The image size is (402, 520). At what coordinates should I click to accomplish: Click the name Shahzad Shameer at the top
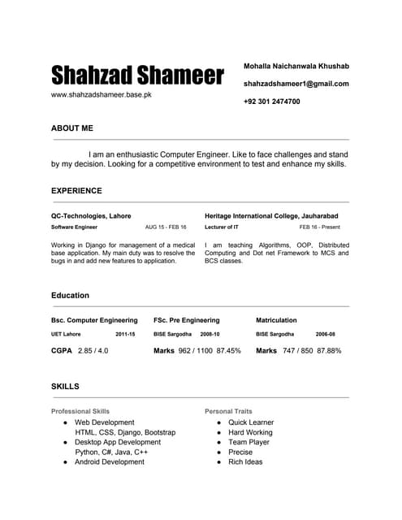[137, 76]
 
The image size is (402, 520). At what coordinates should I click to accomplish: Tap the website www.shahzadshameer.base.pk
[102, 95]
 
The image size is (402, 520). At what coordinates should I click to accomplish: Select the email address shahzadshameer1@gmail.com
[296, 84]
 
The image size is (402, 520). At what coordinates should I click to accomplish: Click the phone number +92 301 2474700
[271, 102]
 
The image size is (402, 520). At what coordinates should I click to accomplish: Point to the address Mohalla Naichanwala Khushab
[296, 65]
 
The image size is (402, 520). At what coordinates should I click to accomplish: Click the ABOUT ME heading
[72, 128]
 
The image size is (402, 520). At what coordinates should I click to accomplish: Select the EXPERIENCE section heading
[76, 191]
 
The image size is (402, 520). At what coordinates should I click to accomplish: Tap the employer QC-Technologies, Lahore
[91, 216]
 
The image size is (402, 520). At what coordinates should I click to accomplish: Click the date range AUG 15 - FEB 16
[166, 227]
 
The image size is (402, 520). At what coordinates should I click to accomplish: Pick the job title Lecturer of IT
[222, 227]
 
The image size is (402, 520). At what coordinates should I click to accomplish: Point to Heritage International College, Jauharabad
[276, 216]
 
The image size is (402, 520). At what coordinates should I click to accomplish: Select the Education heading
[70, 296]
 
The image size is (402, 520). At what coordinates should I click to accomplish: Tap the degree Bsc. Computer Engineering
[94, 320]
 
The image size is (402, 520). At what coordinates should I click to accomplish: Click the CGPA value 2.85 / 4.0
[93, 351]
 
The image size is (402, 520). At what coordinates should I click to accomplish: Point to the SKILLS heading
[65, 387]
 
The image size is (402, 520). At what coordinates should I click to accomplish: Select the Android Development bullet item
[109, 461]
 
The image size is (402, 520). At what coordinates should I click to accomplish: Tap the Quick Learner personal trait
[251, 422]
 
